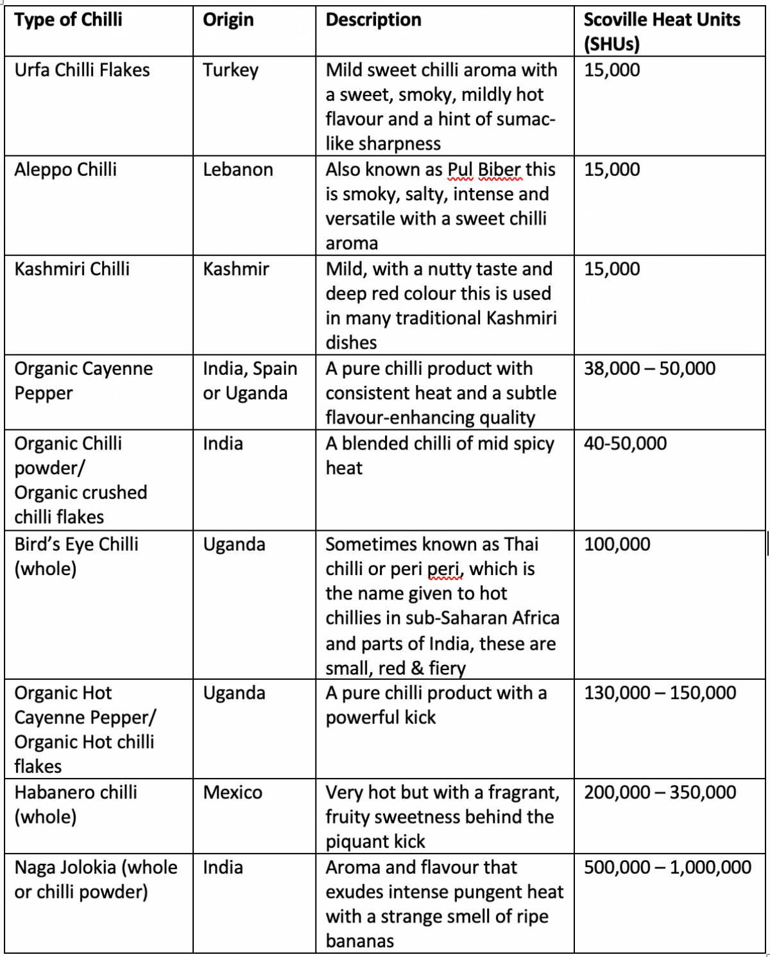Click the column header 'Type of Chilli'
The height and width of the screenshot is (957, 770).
point(68,20)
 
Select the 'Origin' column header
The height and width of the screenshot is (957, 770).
point(228,20)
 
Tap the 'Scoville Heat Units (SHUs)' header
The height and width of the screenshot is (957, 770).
point(662,31)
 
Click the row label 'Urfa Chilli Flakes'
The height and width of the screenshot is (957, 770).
point(82,70)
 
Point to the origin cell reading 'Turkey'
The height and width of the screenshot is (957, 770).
point(231,70)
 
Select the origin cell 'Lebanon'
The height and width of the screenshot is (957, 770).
point(238,170)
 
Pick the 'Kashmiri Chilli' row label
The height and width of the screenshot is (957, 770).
point(72,269)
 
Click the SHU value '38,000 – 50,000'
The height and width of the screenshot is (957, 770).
point(649,369)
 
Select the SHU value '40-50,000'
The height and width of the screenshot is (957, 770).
point(625,444)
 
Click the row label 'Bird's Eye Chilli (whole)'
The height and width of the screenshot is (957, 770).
point(76,556)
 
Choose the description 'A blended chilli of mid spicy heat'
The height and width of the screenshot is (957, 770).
point(440,456)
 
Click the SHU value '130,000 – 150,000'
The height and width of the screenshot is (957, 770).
point(660,693)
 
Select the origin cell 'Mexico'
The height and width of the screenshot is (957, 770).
point(233,793)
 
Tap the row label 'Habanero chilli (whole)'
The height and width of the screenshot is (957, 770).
point(76,804)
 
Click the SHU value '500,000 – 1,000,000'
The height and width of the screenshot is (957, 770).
point(667,868)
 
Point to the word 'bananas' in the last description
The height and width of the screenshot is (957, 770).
point(360,942)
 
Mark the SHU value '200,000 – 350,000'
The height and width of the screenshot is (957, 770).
point(660,793)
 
